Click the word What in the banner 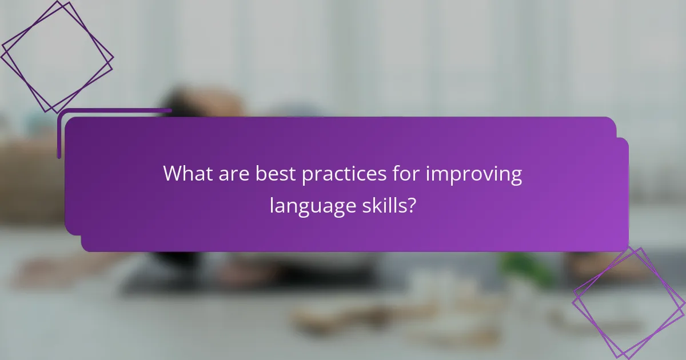pyautogui.click(x=185, y=174)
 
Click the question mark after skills pyautogui.click(x=412, y=205)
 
